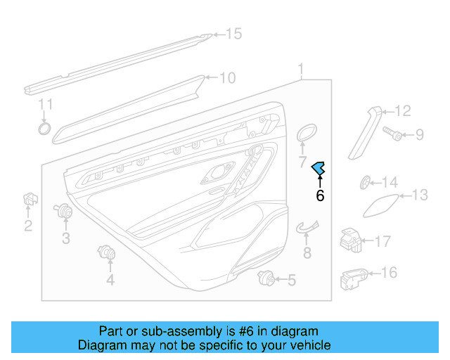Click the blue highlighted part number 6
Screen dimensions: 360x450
click(x=319, y=167)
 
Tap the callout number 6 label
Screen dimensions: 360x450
click(x=320, y=196)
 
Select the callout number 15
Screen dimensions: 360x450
click(x=233, y=34)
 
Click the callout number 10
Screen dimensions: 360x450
click(x=227, y=78)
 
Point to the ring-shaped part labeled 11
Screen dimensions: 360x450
click(x=44, y=129)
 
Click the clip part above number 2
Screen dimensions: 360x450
click(x=30, y=200)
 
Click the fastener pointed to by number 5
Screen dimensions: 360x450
click(x=266, y=278)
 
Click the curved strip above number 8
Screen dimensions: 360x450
click(x=307, y=226)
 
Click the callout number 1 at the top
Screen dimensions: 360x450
click(x=301, y=70)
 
